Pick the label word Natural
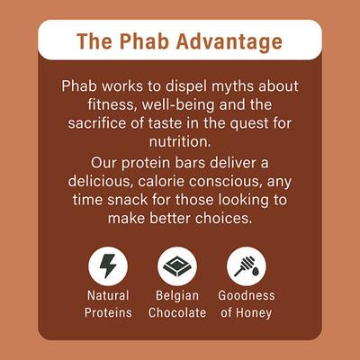tap(109, 295)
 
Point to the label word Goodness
tap(247, 295)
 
